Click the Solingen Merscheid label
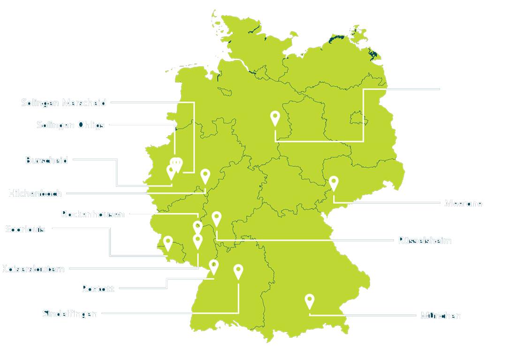63,102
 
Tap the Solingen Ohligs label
70,125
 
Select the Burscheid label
46,160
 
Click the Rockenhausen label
93,214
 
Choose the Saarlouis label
25,230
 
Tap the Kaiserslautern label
33,269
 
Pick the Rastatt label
98,289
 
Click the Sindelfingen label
70,314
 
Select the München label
441,315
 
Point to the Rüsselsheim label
425,241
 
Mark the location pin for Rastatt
214,266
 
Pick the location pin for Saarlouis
167,242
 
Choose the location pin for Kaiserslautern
198,241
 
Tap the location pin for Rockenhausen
198,227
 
